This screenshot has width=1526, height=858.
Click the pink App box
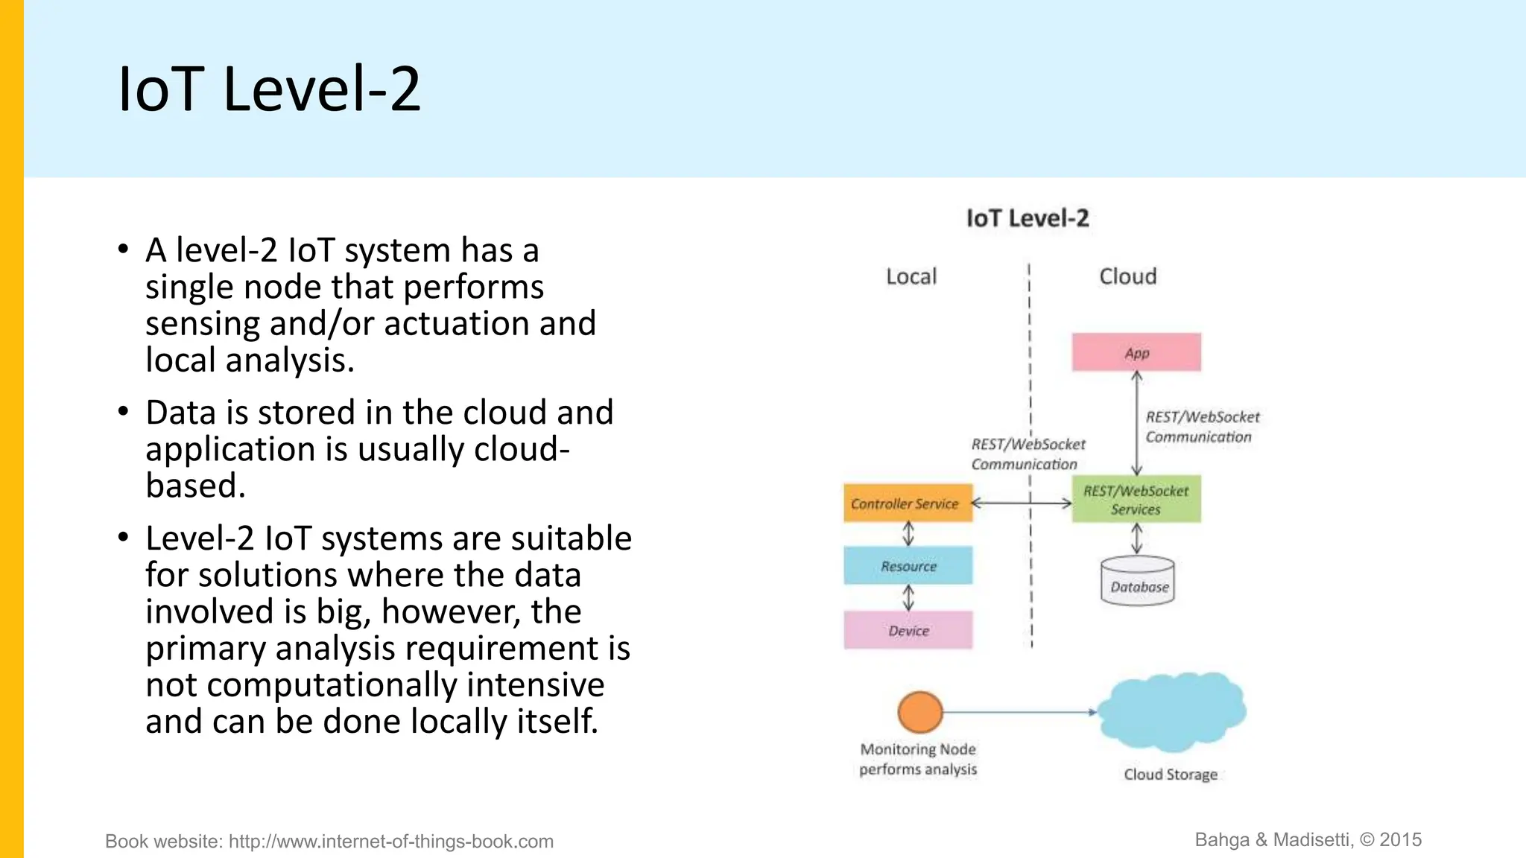[1136, 352]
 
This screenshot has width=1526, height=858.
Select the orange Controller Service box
[908, 503]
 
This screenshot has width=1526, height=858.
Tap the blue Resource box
[908, 566]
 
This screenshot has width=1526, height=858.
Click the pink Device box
[908, 631]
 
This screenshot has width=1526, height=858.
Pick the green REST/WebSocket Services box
[1136, 500]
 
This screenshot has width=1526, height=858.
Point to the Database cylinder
[1138, 582]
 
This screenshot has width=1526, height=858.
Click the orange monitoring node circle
[920, 712]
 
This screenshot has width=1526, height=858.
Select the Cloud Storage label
[1170, 775]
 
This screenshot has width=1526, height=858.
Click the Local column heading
[911, 277]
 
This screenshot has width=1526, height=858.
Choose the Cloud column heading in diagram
[1127, 277]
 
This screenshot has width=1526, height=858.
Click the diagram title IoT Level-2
[1027, 218]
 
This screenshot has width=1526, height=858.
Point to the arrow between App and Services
[1136, 423]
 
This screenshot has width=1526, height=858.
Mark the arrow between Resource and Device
[908, 597]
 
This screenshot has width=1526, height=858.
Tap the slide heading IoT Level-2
[270, 89]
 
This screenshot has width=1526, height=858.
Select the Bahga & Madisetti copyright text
[1308, 840]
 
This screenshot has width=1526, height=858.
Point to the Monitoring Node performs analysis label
[918, 759]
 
